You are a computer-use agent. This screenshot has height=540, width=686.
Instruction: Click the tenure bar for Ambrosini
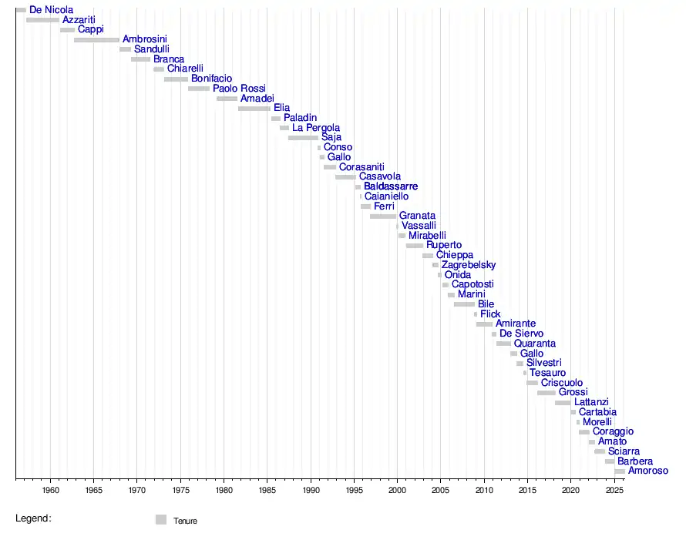coord(96,40)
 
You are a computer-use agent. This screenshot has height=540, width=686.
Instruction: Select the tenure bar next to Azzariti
coord(43,20)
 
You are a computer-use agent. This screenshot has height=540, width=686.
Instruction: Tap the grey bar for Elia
coord(254,109)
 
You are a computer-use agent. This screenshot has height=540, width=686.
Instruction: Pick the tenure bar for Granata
coord(383,216)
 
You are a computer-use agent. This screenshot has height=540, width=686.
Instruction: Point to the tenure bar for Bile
coord(464,304)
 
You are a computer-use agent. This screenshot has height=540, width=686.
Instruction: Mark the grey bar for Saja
coord(303,138)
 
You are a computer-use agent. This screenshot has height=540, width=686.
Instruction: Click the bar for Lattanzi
coord(563,402)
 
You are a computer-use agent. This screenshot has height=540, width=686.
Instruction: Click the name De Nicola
coord(51,9)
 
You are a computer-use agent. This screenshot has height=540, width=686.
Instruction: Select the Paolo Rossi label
coord(239,88)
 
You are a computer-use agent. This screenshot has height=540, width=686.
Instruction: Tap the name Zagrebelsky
coord(469,264)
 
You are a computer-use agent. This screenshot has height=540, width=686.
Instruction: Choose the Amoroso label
coord(648,471)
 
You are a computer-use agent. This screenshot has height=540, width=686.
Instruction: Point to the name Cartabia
coord(597,412)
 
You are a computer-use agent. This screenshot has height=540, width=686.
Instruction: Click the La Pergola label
coord(316,128)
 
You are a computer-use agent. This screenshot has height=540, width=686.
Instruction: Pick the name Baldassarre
coord(391,186)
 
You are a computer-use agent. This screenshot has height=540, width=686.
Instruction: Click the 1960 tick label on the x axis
coord(50,490)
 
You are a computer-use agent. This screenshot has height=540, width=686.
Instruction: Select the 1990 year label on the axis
coord(311,490)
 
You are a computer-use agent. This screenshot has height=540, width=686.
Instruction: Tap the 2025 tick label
coord(614,490)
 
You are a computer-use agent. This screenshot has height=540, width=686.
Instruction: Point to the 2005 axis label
coord(441,490)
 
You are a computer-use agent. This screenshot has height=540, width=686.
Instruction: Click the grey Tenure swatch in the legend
coord(161,519)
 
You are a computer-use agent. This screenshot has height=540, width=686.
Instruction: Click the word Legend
coord(33,518)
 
